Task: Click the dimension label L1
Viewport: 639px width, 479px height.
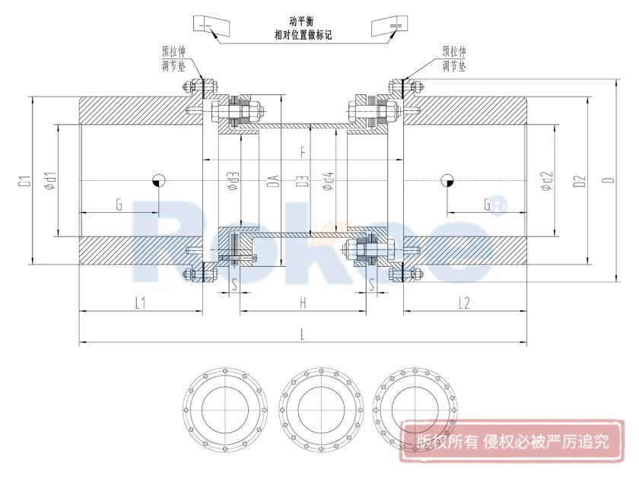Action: tap(141, 303)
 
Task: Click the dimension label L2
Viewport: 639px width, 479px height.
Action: tap(464, 303)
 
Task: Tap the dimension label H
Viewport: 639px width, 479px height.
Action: tap(303, 303)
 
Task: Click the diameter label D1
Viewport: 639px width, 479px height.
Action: tap(24, 181)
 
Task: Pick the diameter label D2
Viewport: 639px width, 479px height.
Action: tap(580, 181)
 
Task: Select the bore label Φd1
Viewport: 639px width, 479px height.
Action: tap(49, 181)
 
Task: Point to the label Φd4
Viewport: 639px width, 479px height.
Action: tap(329, 181)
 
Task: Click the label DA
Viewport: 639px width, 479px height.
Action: tap(272, 181)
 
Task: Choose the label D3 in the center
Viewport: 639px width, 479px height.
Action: tap(302, 181)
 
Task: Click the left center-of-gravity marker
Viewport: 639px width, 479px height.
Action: tap(159, 180)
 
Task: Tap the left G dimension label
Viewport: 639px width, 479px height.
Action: tap(119, 204)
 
